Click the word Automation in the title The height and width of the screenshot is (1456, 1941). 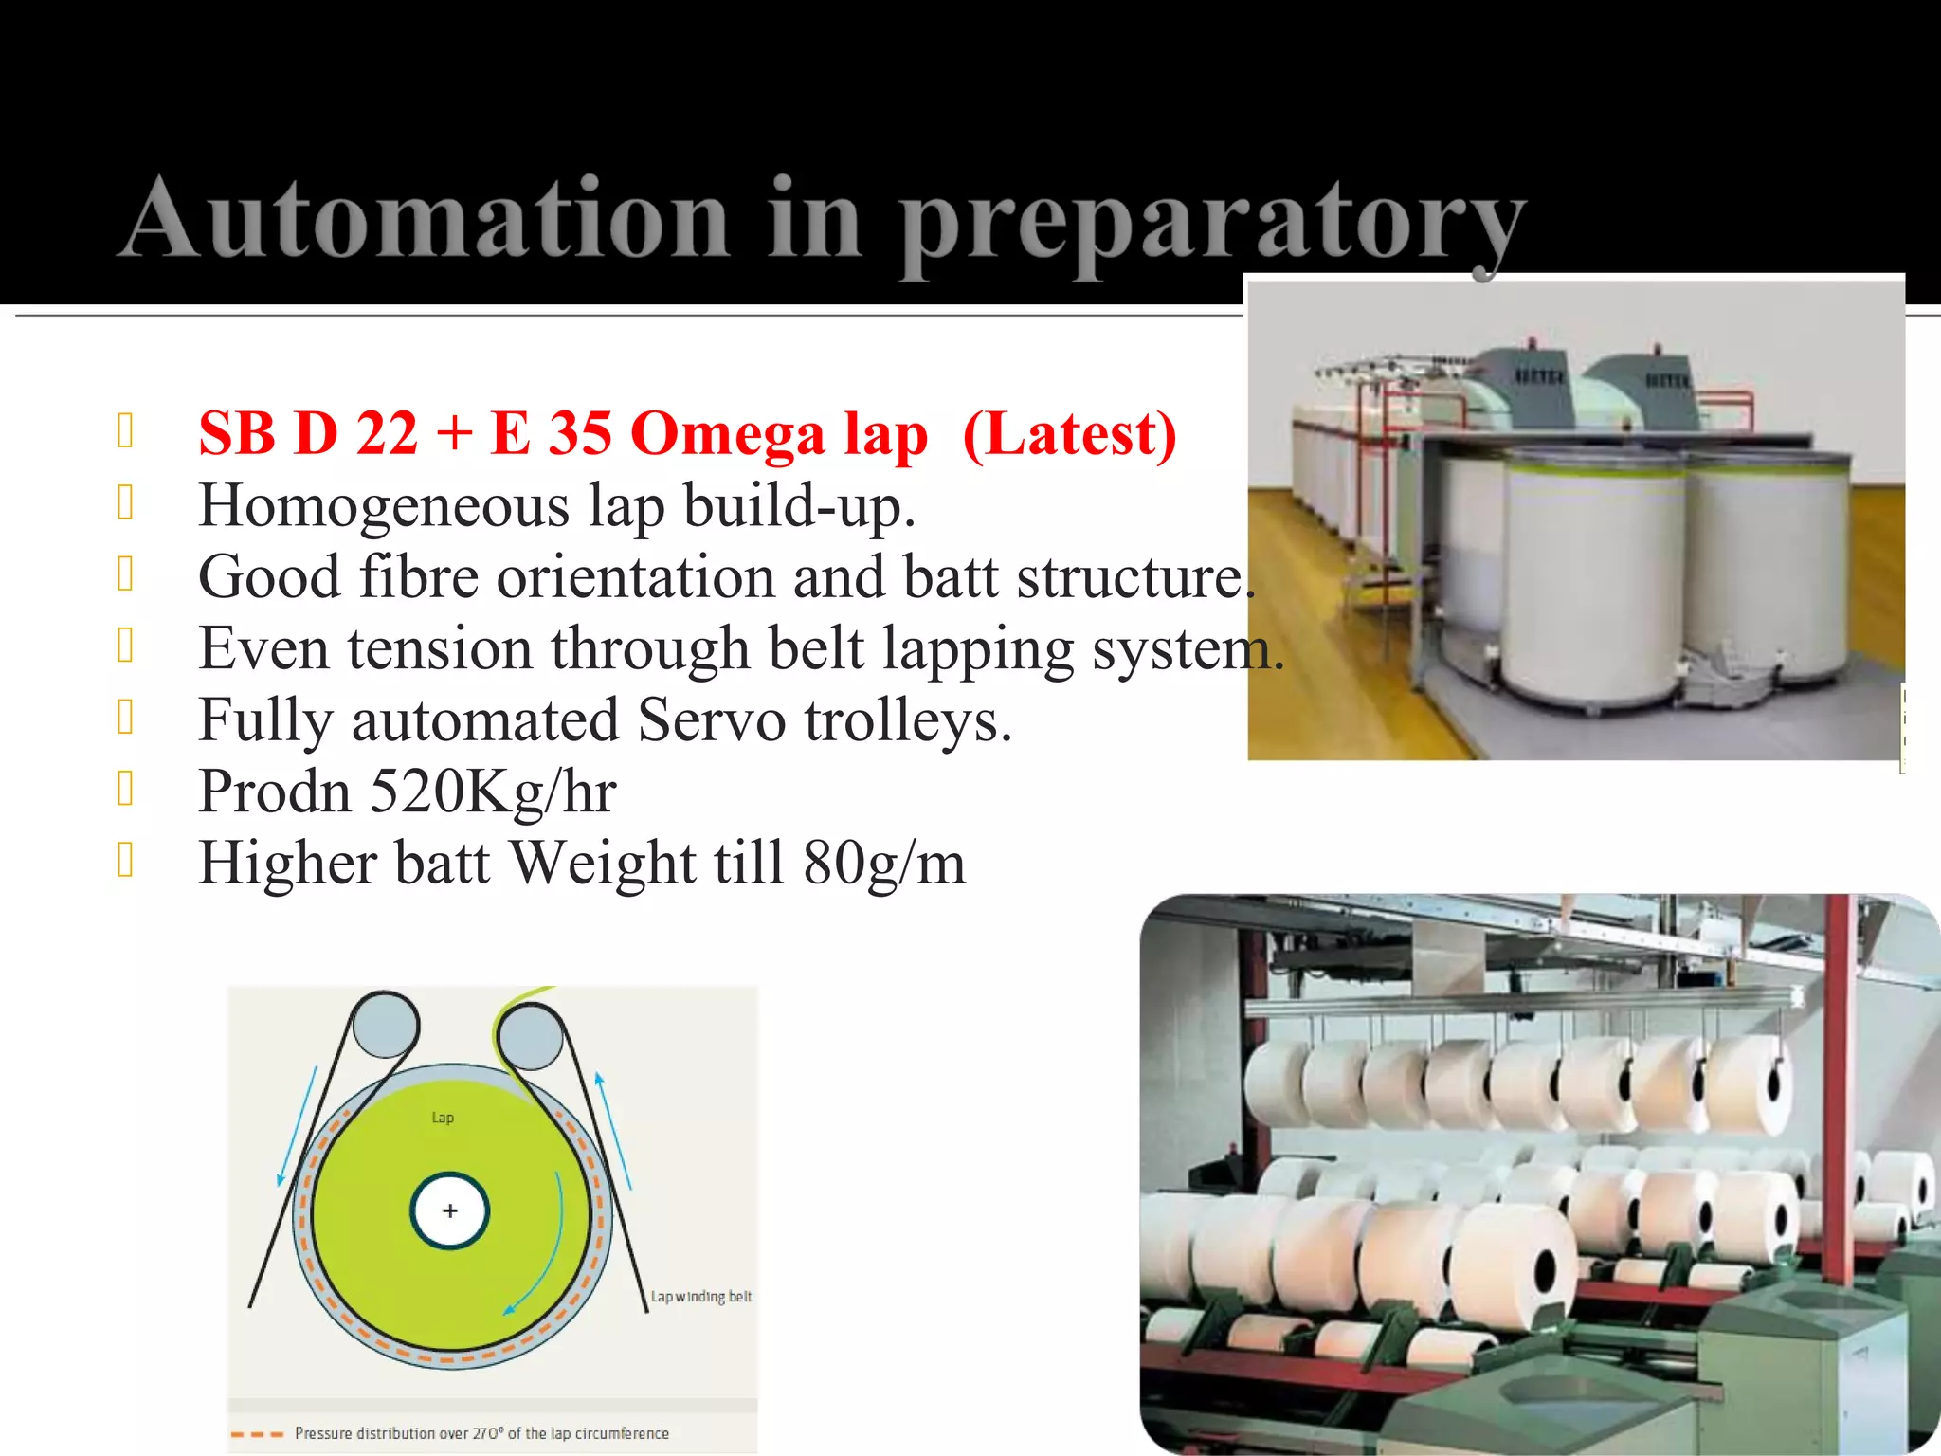tap(424, 219)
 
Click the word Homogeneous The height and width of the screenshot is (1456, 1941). tap(384, 505)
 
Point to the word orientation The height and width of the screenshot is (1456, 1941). tap(635, 576)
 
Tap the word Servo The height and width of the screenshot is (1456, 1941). tap(711, 719)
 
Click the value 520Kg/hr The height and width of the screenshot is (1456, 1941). tap(493, 791)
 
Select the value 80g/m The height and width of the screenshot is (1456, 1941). tap(884, 863)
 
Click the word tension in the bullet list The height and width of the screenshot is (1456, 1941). tap(439, 648)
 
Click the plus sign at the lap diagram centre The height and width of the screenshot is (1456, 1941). tap(450, 1210)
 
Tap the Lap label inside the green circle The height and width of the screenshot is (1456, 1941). tap(443, 1118)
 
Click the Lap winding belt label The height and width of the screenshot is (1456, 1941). tap(700, 1296)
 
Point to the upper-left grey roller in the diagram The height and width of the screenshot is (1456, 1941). tap(385, 1025)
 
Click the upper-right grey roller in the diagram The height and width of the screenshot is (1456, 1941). tap(529, 1035)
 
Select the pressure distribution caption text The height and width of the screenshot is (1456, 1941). tap(481, 1433)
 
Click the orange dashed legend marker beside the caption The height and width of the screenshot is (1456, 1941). tap(257, 1434)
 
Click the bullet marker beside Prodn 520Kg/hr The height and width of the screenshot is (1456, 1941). tap(125, 789)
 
